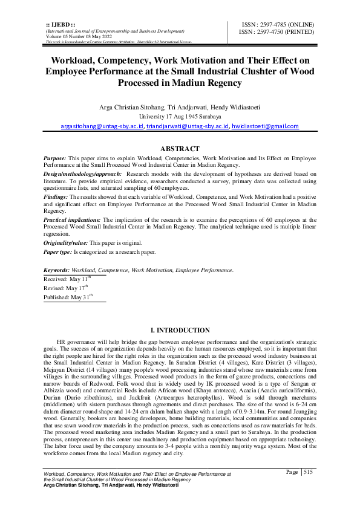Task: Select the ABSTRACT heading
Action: click(179, 149)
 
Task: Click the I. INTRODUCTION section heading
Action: click(180, 331)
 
